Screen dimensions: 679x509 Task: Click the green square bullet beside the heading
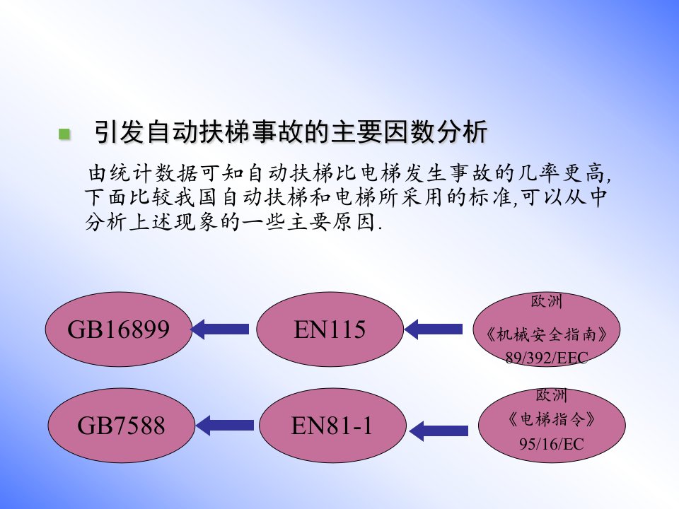tap(64, 134)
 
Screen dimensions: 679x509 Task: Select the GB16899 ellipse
tap(119, 329)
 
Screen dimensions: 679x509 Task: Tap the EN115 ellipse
tap(330, 329)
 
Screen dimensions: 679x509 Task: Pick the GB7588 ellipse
tap(121, 425)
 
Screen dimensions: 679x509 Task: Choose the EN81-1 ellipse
tap(332, 425)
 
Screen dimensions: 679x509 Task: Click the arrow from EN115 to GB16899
tap(220, 329)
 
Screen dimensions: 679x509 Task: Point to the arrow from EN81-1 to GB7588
tap(225, 425)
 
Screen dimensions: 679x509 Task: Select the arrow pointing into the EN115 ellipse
tap(434, 329)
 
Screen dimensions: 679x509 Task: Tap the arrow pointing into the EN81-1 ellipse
tap(439, 431)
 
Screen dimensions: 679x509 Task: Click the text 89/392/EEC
tap(547, 358)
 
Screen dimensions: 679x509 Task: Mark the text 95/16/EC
tap(552, 444)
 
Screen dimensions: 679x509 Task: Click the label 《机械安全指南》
tap(547, 334)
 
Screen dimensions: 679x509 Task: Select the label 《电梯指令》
tap(552, 419)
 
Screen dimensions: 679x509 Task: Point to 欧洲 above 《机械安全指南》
tap(547, 301)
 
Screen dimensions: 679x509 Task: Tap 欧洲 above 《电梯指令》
tap(552, 394)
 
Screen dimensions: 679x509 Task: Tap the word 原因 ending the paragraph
tap(354, 222)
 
